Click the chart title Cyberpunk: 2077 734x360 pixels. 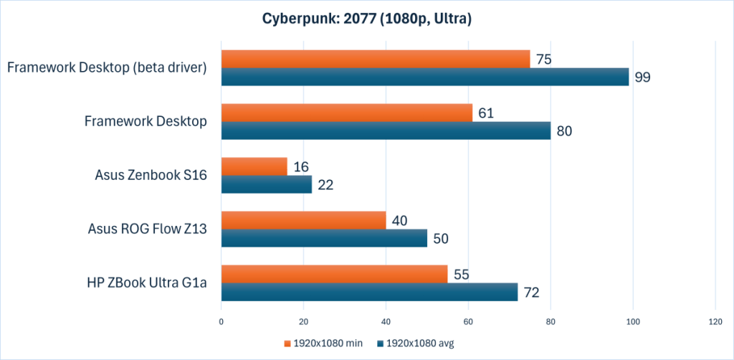click(x=366, y=19)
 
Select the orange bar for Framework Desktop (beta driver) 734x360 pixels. click(x=375, y=59)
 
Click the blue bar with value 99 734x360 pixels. click(x=424, y=77)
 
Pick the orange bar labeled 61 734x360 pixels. click(x=347, y=113)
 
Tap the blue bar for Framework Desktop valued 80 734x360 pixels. click(x=386, y=131)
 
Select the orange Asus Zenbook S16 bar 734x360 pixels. click(x=254, y=166)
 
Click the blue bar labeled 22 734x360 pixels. click(x=266, y=184)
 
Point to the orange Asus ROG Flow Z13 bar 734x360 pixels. click(x=303, y=220)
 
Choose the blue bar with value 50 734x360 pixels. click(x=324, y=238)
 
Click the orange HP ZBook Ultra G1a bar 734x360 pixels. click(x=334, y=274)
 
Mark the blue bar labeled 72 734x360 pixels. click(x=369, y=292)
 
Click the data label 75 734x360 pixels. click(x=543, y=59)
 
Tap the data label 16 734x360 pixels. click(x=300, y=166)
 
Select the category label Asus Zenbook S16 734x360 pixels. click(x=151, y=175)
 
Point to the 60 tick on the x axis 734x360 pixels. click(x=468, y=323)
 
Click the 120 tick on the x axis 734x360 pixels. click(x=715, y=323)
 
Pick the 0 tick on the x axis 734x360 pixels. click(x=221, y=323)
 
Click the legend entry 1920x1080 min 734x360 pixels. click(x=323, y=344)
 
